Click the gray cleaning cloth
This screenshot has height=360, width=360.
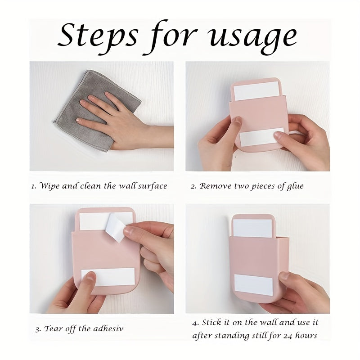96,110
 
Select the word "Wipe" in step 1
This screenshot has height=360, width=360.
49,186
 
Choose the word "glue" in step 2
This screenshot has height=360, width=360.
295,186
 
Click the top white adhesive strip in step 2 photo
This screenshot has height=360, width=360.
256,91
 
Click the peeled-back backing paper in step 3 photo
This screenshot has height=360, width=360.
117,227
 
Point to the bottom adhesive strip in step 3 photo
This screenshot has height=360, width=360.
108,277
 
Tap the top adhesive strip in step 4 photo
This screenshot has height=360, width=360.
252,229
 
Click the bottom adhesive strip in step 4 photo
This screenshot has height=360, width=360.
253,285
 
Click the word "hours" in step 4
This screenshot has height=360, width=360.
306,335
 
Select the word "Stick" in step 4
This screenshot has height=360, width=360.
211,323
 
